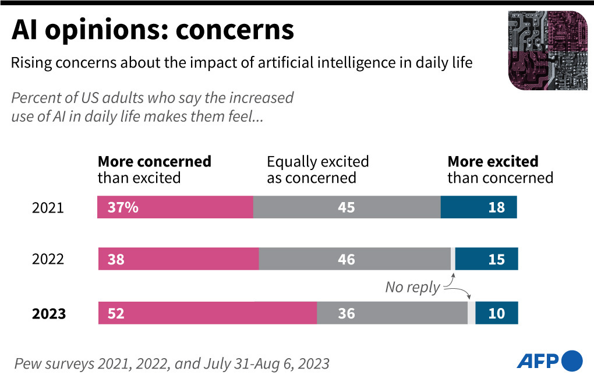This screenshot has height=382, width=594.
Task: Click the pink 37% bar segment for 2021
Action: coord(175,207)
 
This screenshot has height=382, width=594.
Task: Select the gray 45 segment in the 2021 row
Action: coord(346,207)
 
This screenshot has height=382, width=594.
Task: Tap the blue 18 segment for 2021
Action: coord(479,207)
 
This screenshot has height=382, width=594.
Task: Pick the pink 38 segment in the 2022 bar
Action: coord(178,259)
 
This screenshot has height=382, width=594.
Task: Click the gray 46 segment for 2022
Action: coord(354,259)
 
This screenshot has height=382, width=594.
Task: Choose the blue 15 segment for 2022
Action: coord(486,259)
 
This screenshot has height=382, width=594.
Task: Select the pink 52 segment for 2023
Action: coord(207,313)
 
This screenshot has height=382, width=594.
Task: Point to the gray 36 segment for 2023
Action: coord(392,313)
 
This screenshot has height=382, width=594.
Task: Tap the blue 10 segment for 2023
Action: coord(496,313)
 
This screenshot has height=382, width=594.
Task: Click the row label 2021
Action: coord(48,208)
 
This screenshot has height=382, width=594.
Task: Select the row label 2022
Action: coord(48,259)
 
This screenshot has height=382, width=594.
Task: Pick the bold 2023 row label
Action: coord(49,314)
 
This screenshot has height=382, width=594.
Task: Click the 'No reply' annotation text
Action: coord(412,287)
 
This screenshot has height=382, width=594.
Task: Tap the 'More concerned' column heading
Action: coord(154,161)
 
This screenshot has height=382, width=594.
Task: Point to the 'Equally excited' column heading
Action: coord(318,161)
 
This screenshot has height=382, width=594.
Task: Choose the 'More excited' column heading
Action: coord(493,161)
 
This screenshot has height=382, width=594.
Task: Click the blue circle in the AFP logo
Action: coord(571,360)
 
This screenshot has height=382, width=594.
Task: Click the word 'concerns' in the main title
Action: coord(235,30)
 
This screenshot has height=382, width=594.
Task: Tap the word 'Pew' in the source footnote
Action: coord(28,364)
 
